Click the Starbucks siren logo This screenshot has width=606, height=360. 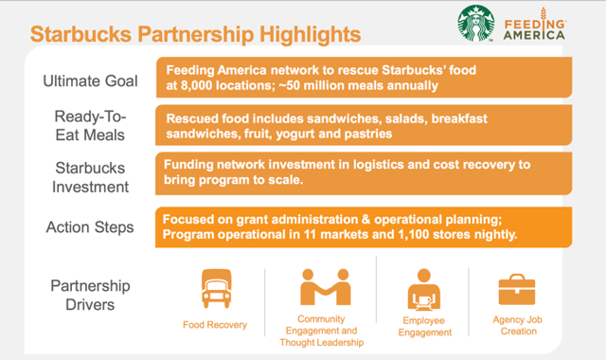pyautogui.click(x=479, y=26)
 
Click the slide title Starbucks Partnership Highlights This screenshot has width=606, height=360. pyautogui.click(x=195, y=35)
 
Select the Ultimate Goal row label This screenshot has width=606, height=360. pyautogui.click(x=91, y=81)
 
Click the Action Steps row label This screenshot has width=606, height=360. pyautogui.click(x=91, y=227)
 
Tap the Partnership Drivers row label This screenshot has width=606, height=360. pyautogui.click(x=91, y=295)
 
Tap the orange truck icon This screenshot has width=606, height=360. pyautogui.click(x=214, y=287)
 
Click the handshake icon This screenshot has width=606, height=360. pyautogui.click(x=321, y=287)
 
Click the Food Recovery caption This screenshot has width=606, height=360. pyautogui.click(x=215, y=325)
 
